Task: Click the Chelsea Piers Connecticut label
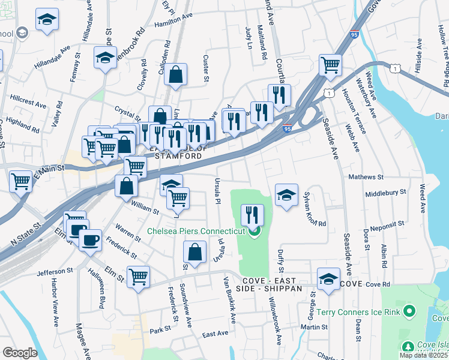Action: tap(196, 231)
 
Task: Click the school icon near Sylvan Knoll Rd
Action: tap(287, 195)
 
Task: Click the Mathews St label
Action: tap(366, 178)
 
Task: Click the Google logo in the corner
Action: tap(20, 352)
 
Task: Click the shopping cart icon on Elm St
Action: tap(138, 277)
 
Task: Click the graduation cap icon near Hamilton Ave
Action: tap(47, 20)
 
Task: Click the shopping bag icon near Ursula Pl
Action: tap(194, 252)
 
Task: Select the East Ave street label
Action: tap(215, 334)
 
